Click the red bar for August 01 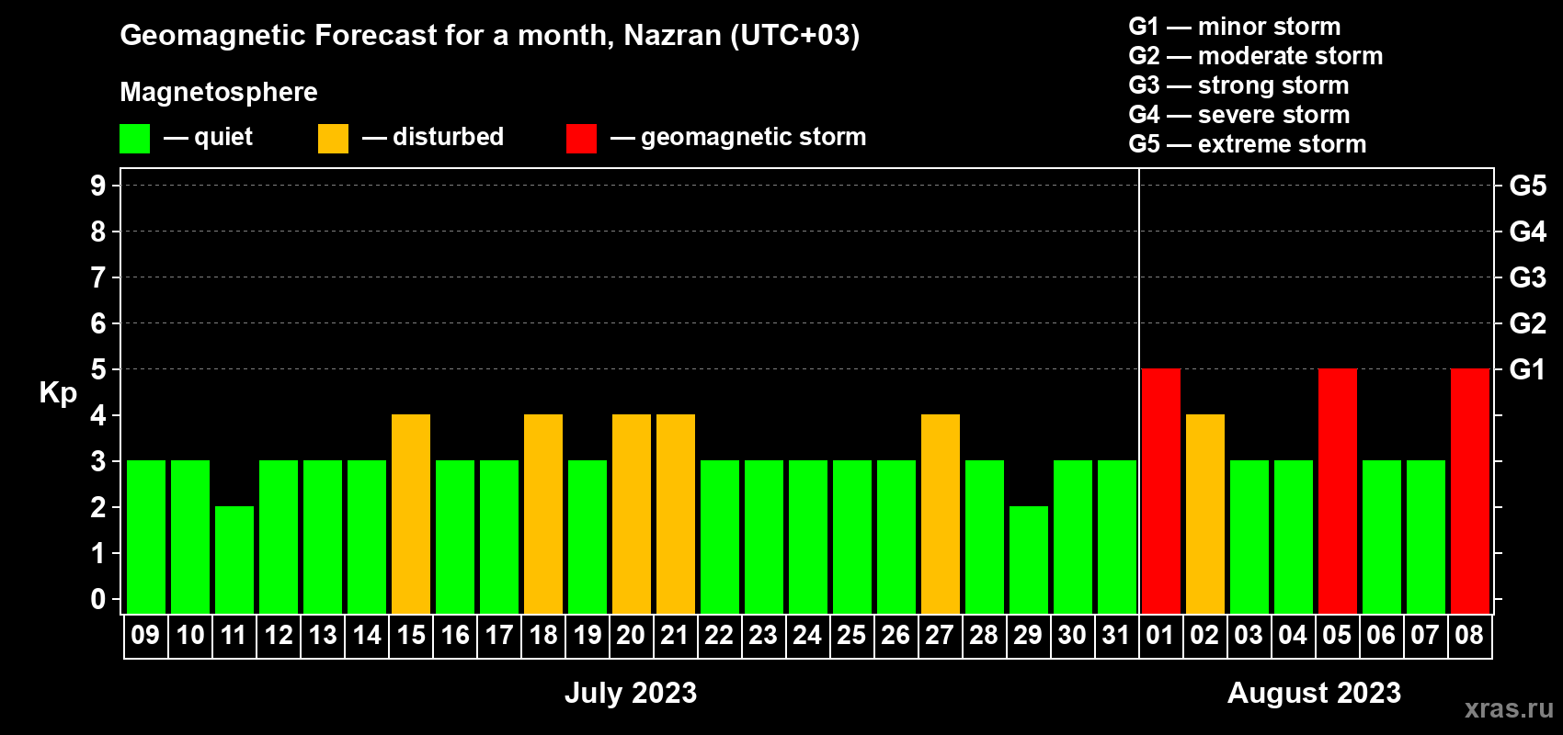(1161, 491)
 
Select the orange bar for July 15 (411, 514)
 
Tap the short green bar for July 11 (234, 560)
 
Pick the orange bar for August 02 (1205, 514)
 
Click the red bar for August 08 (1470, 491)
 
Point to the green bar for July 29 (1029, 560)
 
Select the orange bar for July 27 (941, 514)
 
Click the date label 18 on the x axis (543, 635)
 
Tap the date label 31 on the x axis (1116, 635)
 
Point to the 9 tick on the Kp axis (97, 186)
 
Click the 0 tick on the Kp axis (97, 599)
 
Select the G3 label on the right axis (1528, 277)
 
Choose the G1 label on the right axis (1527, 369)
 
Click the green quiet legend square (134, 138)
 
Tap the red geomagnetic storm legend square (582, 138)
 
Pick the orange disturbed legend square (333, 138)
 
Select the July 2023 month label (631, 693)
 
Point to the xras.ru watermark (1510, 708)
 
